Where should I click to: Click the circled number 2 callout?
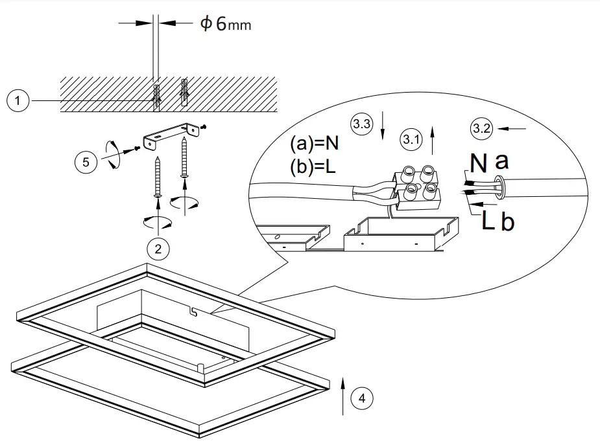(158, 248)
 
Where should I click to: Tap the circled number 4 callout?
(362, 398)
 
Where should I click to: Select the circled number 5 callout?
(86, 161)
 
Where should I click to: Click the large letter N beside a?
(478, 163)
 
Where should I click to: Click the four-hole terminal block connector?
(417, 186)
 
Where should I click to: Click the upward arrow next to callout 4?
(341, 393)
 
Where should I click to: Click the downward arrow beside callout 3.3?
(383, 125)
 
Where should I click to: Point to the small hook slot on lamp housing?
(193, 312)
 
